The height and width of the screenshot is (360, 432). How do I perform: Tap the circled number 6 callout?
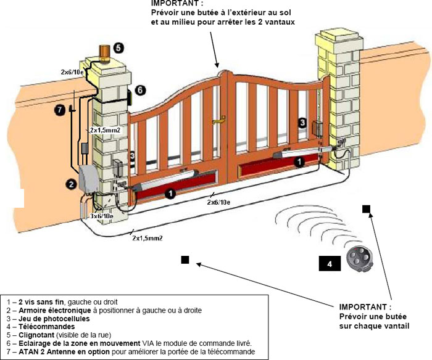[x=141, y=90]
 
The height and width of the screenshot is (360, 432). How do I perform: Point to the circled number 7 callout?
[x=59, y=110]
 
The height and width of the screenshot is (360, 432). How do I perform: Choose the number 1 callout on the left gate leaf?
[x=170, y=193]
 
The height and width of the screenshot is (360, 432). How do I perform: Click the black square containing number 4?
[x=330, y=264]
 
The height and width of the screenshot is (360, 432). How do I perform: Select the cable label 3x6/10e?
[x=101, y=216]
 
